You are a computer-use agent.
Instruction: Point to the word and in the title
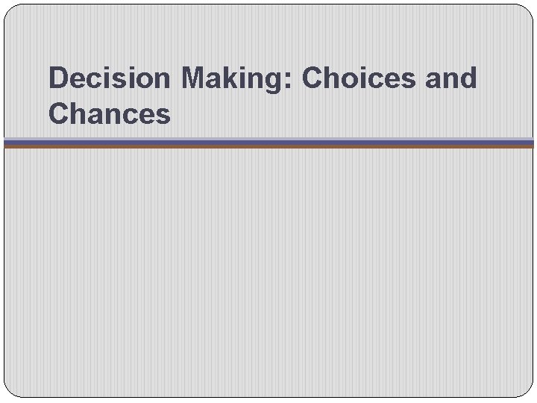point(451,78)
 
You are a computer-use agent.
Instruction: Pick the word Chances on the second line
point(110,114)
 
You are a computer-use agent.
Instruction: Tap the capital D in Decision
point(58,78)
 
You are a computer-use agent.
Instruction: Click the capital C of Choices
point(313,78)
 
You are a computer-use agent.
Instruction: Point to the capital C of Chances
point(59,114)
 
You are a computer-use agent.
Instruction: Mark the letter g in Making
point(277,82)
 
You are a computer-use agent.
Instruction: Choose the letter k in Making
point(230,78)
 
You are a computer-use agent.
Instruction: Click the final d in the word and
point(468,78)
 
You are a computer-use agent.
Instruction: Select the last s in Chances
point(163,116)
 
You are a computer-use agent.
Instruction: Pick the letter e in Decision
point(78,81)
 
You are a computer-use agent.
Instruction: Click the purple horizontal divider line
point(268,141)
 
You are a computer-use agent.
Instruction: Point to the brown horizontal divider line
point(268,146)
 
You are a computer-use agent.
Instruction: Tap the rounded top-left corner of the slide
point(9,10)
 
